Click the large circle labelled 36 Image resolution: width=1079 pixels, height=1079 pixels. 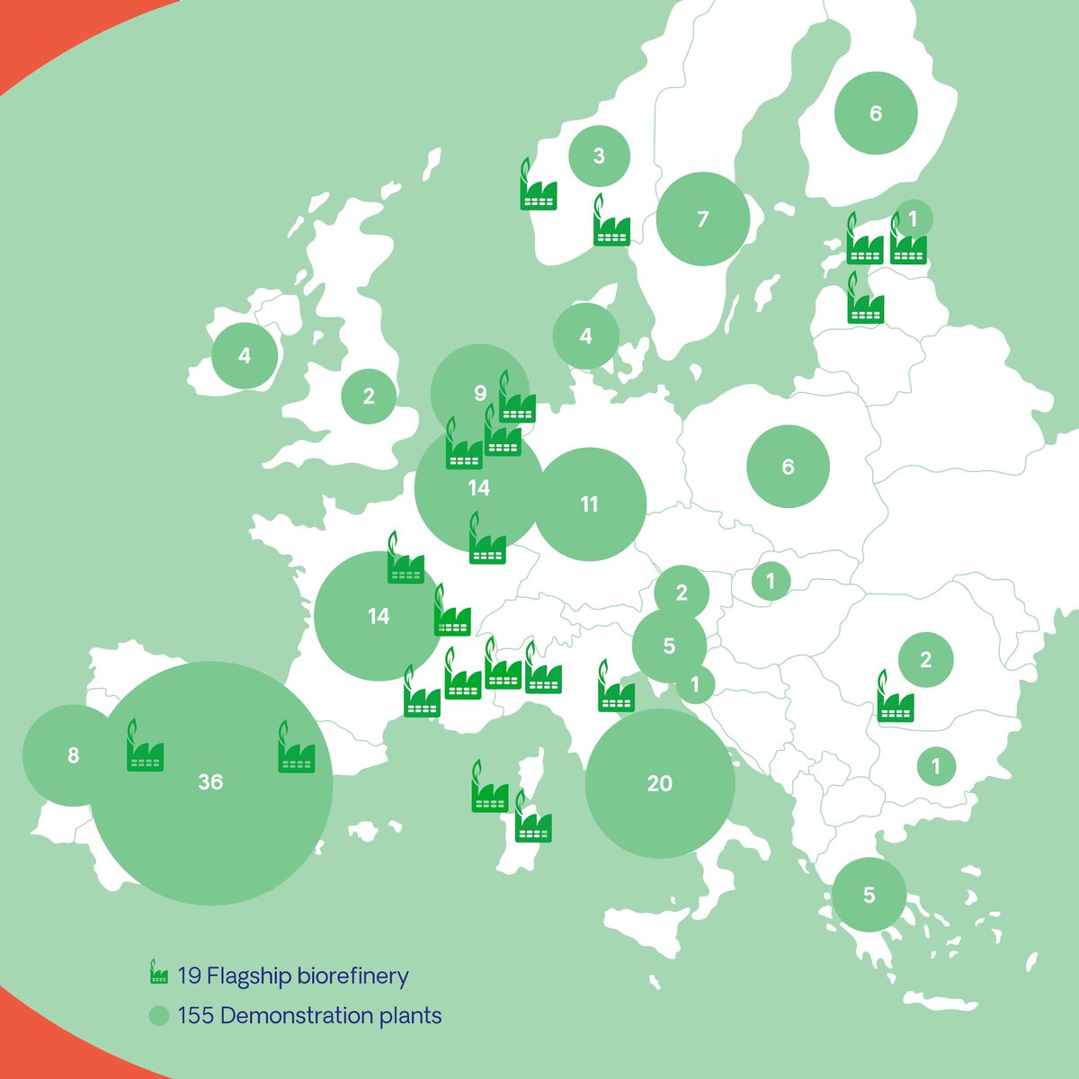[211, 782]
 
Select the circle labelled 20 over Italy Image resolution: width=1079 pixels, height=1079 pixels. [660, 783]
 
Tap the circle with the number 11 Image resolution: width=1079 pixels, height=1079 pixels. [590, 504]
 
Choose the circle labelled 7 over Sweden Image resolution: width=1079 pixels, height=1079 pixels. [703, 218]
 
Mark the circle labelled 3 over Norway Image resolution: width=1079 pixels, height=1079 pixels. [599, 156]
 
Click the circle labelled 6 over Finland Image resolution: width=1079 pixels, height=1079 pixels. [876, 113]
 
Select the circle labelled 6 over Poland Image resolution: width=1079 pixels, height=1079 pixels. [789, 467]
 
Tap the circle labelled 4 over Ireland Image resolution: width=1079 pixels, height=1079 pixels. [245, 355]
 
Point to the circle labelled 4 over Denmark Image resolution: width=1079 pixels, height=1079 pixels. [586, 336]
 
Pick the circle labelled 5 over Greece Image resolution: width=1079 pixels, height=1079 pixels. [869, 895]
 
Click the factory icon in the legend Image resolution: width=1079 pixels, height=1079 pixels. [159, 974]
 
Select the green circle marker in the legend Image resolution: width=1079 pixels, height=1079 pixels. [159, 1016]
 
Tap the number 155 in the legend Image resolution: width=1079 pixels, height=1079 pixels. [196, 1016]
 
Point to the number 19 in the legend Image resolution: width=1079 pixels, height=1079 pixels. [189, 976]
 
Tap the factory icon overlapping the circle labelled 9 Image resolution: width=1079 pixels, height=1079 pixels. [517, 400]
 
